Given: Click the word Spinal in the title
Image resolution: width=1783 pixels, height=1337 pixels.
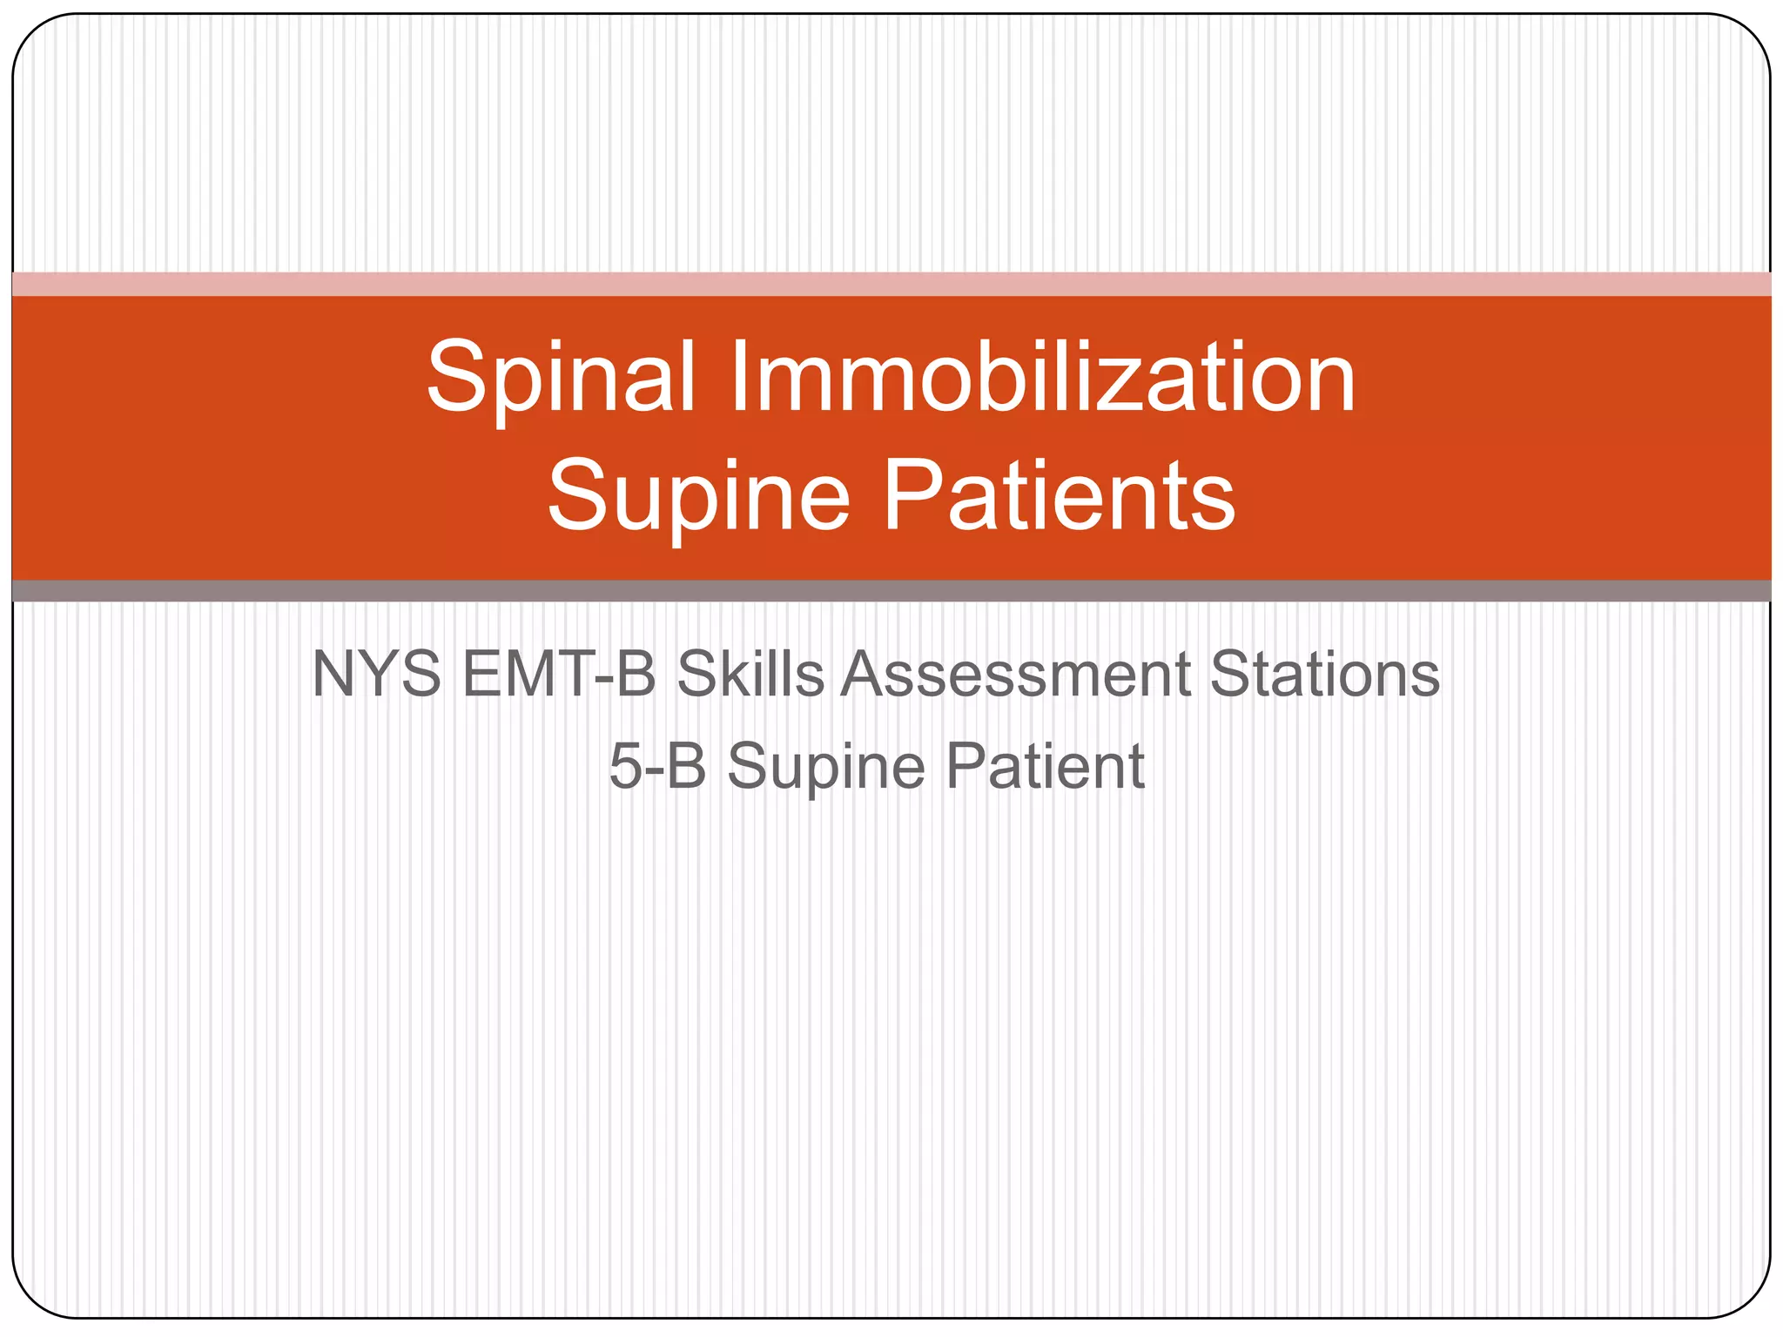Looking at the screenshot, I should pyautogui.click(x=562, y=378).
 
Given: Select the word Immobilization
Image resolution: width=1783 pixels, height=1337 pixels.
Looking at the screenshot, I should pyautogui.click(x=1043, y=378).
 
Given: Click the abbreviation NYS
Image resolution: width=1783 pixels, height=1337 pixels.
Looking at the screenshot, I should pyautogui.click(x=376, y=674).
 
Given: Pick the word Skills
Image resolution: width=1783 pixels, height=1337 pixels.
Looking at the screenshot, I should pyautogui.click(x=750, y=674).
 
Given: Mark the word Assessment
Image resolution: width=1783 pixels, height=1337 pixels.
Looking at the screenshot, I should pyautogui.click(x=1015, y=674).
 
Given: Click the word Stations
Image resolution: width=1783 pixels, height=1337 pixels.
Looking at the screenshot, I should pyautogui.click(x=1325, y=674).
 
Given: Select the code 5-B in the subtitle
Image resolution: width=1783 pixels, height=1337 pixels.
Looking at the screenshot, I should pyautogui.click(x=657, y=766).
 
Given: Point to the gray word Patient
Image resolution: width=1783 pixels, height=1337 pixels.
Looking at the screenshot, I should pyautogui.click(x=1045, y=766).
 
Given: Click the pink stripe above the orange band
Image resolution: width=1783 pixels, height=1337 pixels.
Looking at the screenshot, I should pyautogui.click(x=891, y=284).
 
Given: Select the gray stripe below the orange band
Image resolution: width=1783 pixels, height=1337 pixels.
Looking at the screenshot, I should pyautogui.click(x=891, y=591).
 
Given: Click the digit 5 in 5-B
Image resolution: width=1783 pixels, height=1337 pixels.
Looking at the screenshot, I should pyautogui.click(x=625, y=766).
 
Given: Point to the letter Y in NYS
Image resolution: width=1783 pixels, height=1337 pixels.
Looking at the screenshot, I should pyautogui.click(x=376, y=674).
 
